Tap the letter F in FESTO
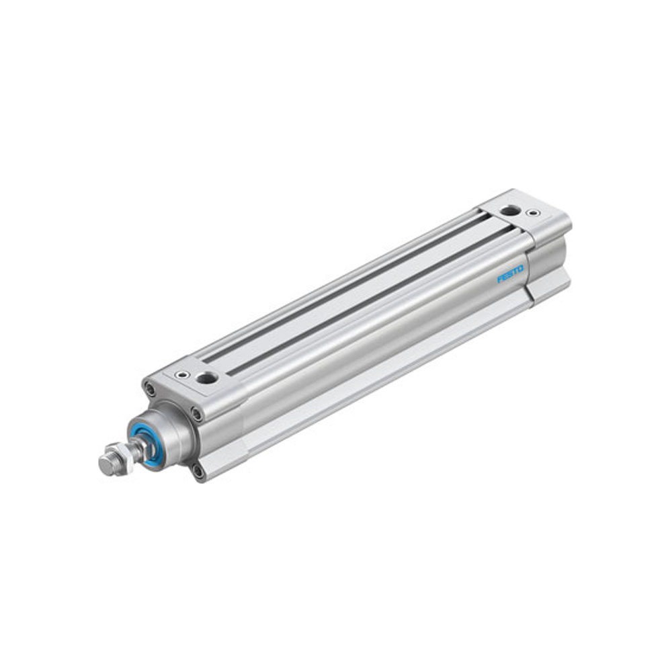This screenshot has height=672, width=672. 500,280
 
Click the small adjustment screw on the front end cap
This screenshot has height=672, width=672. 179,375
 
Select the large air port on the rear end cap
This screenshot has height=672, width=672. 509,210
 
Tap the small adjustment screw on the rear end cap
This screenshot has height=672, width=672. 533,213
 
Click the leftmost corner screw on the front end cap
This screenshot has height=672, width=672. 149,388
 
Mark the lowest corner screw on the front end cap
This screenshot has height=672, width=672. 198,471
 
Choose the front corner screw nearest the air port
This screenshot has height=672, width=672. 196,413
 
